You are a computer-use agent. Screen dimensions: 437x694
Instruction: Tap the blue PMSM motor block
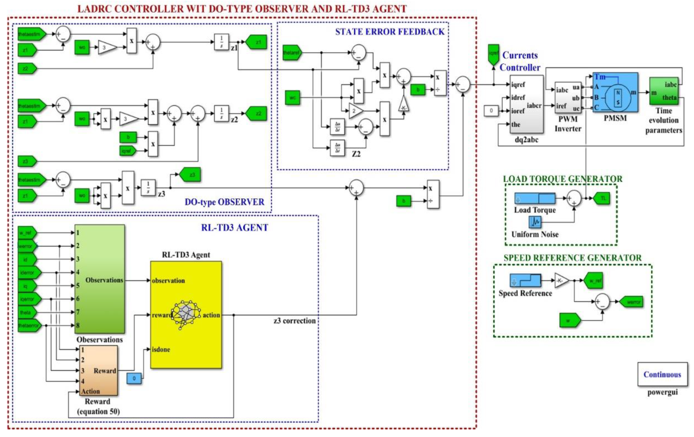click(x=615, y=92)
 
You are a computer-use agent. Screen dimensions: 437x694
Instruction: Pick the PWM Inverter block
click(x=568, y=97)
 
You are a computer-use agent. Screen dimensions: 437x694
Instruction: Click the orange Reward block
click(x=99, y=370)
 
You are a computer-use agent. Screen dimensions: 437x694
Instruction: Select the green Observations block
click(x=100, y=279)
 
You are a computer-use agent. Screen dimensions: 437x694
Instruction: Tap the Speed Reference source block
click(x=525, y=280)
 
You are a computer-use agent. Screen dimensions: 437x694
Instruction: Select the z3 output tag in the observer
click(x=190, y=175)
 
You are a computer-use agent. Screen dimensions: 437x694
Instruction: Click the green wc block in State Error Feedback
click(x=292, y=97)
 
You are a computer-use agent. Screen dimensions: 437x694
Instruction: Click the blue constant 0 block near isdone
click(x=134, y=378)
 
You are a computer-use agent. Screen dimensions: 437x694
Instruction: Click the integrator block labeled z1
click(x=221, y=42)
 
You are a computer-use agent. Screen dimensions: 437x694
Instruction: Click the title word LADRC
click(x=93, y=9)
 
